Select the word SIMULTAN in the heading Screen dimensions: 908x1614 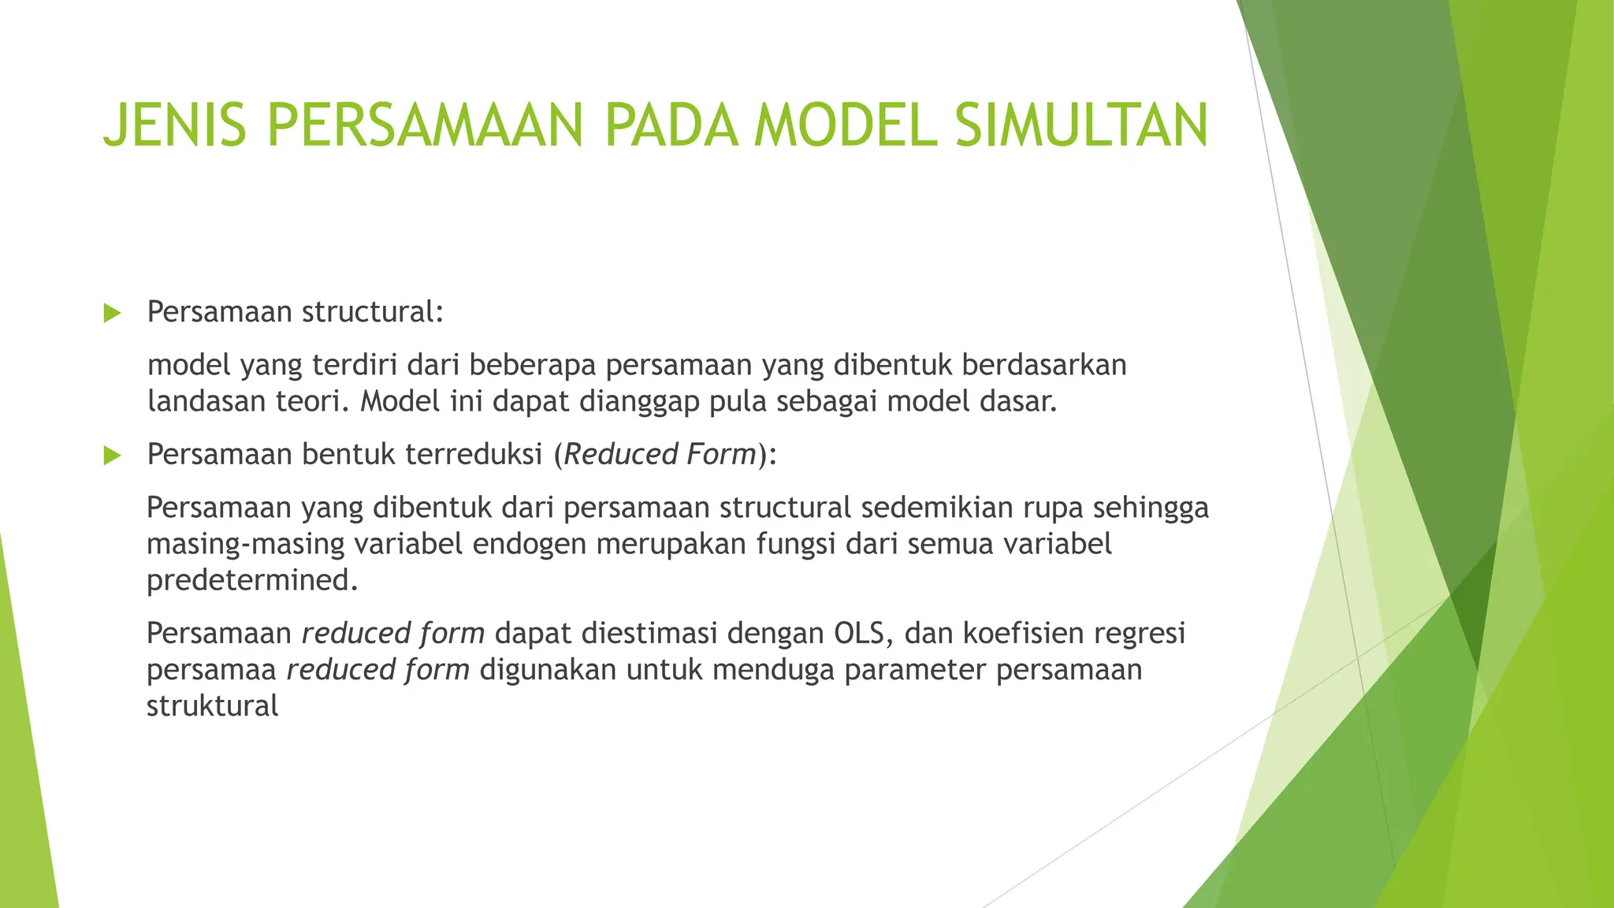[1080, 125]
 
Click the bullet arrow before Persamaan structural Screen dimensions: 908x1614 [112, 314]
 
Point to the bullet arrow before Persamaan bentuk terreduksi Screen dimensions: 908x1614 [112, 456]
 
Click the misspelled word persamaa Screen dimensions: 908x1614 [211, 669]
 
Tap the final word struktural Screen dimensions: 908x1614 [212, 705]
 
